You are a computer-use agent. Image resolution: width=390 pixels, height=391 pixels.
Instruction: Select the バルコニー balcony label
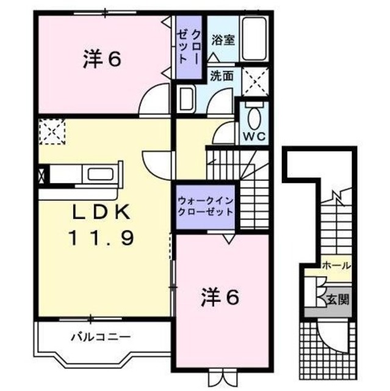(99, 336)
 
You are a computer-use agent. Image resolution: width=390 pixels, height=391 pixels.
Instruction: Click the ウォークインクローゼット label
(205, 206)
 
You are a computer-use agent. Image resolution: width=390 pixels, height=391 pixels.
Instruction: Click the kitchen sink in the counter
(101, 174)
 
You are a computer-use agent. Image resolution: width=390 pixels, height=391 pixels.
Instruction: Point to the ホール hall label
(336, 266)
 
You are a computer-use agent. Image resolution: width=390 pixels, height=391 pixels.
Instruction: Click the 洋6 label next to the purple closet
(101, 59)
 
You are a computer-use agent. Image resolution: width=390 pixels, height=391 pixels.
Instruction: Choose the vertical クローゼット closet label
(189, 45)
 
